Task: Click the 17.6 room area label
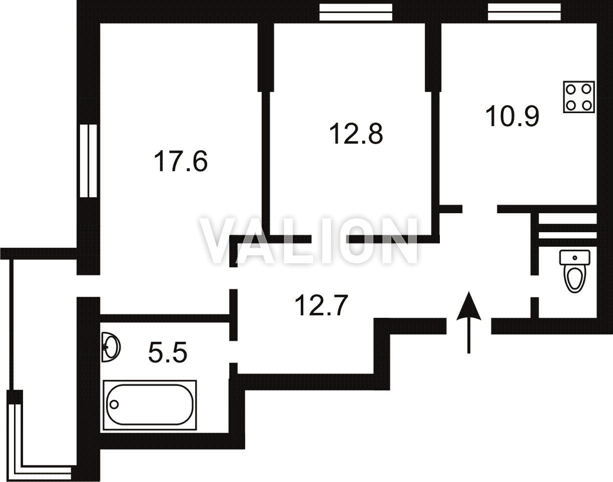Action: (181, 162)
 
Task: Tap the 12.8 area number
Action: (356, 134)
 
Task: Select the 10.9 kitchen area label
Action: (512, 116)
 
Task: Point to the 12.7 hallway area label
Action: (321, 305)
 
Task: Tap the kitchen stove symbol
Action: (579, 97)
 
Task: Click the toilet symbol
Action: (574, 271)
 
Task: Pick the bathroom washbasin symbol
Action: (111, 347)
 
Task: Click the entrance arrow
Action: (468, 322)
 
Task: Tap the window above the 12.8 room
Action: (356, 12)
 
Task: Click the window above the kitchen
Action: (524, 12)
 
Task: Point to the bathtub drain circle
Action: (114, 404)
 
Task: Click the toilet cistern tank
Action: (575, 257)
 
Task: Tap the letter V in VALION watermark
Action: (221, 240)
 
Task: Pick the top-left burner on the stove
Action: (571, 90)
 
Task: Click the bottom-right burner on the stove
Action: (587, 106)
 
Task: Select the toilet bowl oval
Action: (574, 279)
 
